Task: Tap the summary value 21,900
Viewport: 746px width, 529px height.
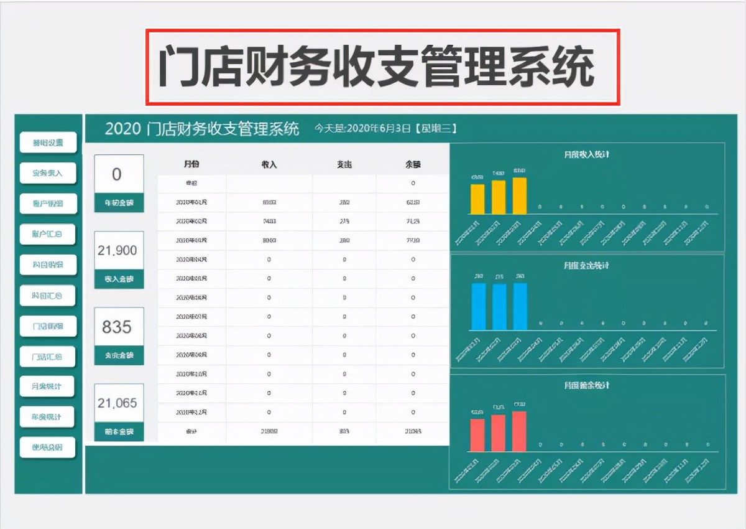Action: click(117, 250)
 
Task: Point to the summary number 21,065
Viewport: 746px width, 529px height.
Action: click(117, 403)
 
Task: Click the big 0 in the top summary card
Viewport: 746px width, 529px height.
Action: click(117, 174)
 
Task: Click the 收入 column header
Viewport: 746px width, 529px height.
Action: click(269, 165)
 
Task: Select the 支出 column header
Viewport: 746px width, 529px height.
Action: click(344, 165)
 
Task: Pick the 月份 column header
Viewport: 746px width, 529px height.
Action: click(191, 165)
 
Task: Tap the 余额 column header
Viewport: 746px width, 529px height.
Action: click(413, 165)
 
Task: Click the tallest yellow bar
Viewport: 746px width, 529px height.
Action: click(520, 196)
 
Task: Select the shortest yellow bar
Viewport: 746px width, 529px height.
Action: click(477, 199)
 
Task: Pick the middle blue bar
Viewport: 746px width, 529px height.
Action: click(499, 306)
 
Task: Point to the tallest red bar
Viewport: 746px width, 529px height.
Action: click(520, 431)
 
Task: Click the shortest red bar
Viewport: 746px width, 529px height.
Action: click(477, 434)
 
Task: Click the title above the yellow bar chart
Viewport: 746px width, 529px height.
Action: click(586, 154)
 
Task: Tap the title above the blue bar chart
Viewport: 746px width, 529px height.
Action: click(586, 265)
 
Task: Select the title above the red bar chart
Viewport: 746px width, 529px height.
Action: click(586, 385)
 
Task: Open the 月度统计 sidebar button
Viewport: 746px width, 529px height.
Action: click(47, 386)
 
